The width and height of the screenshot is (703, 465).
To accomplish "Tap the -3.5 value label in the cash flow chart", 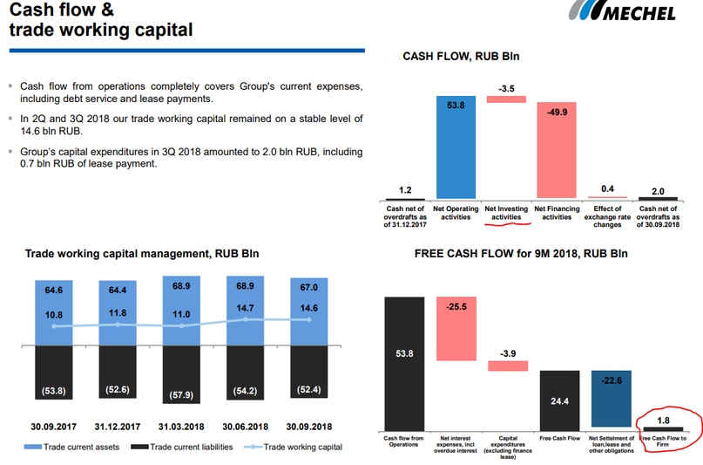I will pos(507,89).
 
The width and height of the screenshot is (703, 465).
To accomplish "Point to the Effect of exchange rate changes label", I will pos(607,216).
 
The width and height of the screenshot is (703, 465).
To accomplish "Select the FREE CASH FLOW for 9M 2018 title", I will pos(521,254).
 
